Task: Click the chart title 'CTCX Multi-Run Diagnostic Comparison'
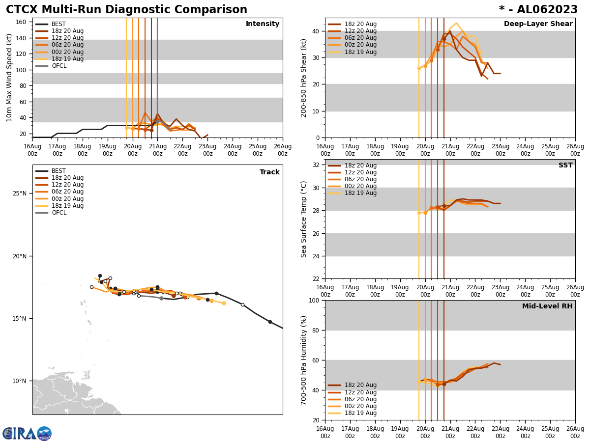(x=126, y=10)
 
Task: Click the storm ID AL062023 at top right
(x=538, y=10)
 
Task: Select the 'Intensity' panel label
(x=262, y=24)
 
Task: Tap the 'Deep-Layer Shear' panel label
(x=538, y=24)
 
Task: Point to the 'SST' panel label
(x=565, y=166)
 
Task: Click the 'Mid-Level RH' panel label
(x=547, y=306)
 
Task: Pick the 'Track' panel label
(x=269, y=172)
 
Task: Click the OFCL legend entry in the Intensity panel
(x=59, y=66)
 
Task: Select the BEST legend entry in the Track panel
(x=59, y=171)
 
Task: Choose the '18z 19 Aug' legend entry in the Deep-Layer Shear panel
(x=360, y=52)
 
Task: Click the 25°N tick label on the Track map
(x=20, y=193)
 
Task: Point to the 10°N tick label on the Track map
(x=20, y=381)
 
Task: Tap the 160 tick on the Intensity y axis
(x=21, y=22)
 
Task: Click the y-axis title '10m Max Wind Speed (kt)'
(x=9, y=78)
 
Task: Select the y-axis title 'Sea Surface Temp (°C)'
(x=303, y=219)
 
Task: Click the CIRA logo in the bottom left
(x=27, y=434)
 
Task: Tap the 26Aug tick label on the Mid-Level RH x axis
(x=575, y=432)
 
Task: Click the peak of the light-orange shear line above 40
(x=456, y=23)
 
